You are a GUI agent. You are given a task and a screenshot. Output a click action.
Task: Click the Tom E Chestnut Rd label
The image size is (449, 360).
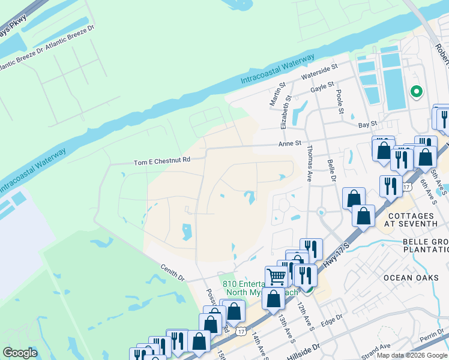pos(161,161)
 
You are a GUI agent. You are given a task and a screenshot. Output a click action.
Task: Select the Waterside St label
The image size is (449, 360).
pos(320,73)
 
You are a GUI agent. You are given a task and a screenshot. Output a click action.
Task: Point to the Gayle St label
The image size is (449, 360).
pos(322,88)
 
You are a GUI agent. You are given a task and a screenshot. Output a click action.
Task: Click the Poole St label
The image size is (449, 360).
pos(340,102)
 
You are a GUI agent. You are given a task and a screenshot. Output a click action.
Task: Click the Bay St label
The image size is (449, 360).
pos(367,124)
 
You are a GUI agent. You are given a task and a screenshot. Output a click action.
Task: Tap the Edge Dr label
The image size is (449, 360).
pos(331,320)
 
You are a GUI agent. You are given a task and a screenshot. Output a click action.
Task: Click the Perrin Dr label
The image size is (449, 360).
pos(432,339)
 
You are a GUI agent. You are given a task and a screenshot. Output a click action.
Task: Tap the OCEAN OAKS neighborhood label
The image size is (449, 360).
pos(406,278)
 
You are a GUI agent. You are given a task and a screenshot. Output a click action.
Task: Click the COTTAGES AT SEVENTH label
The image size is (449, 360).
pos(412,219)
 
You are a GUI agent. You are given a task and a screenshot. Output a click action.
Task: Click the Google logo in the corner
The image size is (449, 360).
pos(20,353)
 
